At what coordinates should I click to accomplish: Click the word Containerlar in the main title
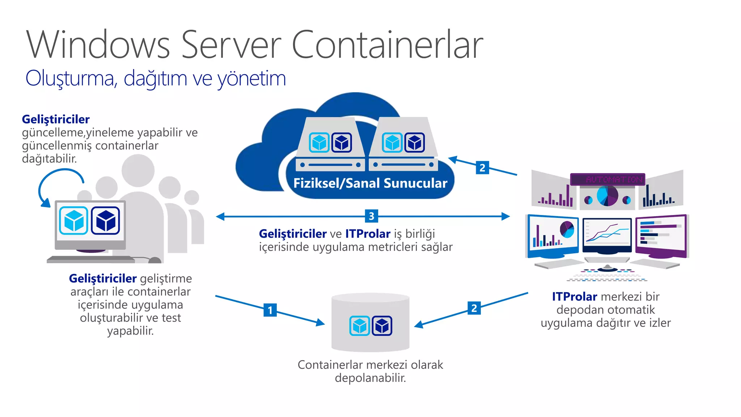point(387,45)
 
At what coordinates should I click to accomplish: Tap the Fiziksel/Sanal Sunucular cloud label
point(370,183)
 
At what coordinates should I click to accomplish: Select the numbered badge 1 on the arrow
point(270,310)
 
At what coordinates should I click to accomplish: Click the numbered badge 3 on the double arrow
point(371,216)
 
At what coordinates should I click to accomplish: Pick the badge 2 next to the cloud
point(482,168)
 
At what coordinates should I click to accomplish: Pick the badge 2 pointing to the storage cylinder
point(474,308)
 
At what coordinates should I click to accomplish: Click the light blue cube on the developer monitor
point(74,220)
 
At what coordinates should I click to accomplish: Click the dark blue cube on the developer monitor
point(106,220)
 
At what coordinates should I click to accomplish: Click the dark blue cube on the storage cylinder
point(382,326)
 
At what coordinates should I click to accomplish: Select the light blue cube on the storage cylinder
point(360,326)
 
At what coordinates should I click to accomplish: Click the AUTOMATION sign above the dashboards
point(608,179)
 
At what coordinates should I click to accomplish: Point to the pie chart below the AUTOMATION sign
point(607,196)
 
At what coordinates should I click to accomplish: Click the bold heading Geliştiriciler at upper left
point(56,119)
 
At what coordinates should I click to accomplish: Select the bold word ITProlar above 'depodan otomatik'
point(574,296)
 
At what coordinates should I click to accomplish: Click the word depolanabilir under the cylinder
point(370,378)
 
